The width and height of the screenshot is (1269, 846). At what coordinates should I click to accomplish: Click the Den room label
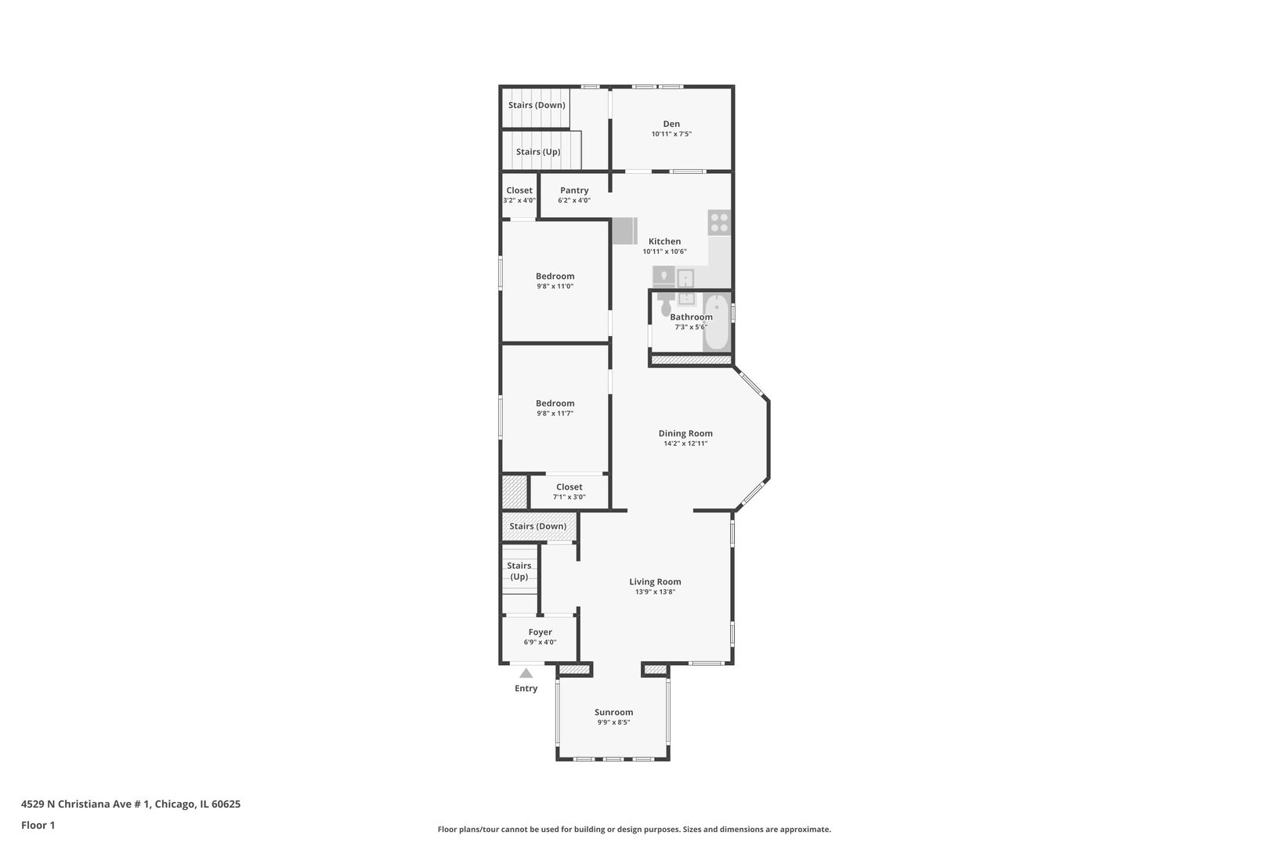pos(671,124)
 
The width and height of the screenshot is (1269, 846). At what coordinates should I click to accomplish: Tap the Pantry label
pos(574,190)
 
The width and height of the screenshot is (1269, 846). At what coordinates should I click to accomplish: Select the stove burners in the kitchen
pos(719,222)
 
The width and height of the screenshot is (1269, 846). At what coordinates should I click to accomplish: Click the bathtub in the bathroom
pos(718,323)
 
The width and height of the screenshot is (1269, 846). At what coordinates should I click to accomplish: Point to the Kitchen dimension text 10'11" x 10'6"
pos(664,251)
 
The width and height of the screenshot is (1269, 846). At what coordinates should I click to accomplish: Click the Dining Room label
pos(685,433)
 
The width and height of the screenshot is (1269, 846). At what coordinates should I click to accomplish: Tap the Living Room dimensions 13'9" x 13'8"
pos(655,592)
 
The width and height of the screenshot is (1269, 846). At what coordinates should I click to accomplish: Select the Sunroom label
pos(613,712)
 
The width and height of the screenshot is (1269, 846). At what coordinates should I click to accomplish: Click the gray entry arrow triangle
pos(526,674)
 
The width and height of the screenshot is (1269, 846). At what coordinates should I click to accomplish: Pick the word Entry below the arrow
pos(526,689)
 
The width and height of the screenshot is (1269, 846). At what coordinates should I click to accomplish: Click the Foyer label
pos(540,632)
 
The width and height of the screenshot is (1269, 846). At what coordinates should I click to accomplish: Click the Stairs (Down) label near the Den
pos(537,106)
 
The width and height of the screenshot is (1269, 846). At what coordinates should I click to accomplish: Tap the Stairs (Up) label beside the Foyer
pos(519,571)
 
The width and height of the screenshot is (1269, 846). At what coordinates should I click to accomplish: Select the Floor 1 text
pos(38,826)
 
